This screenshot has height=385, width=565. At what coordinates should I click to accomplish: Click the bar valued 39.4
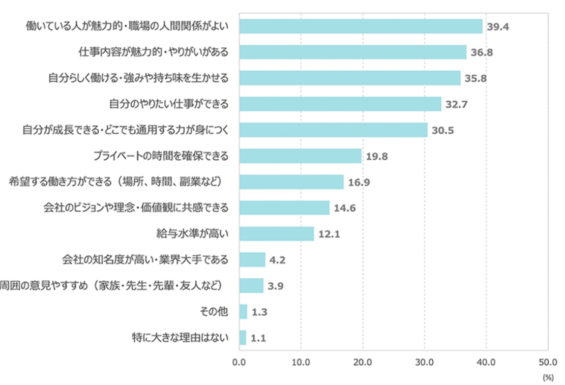361,26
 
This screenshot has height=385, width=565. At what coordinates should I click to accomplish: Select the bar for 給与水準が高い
277,233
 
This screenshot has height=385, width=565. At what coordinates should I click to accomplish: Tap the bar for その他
243,311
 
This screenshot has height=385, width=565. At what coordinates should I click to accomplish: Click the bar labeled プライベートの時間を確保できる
300,156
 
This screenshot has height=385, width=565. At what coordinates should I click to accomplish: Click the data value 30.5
442,130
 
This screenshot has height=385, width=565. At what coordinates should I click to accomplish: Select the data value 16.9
359,182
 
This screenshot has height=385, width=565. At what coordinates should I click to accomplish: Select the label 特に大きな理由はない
180,337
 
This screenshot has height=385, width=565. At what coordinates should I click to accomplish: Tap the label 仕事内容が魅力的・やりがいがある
154,52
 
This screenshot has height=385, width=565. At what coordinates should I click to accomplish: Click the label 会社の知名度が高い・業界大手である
144,259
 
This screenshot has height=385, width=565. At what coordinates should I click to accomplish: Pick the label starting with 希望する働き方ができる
116,182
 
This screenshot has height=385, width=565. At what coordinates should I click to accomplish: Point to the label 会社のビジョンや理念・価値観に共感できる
135,208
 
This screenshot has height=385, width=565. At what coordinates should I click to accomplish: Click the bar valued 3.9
251,285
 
